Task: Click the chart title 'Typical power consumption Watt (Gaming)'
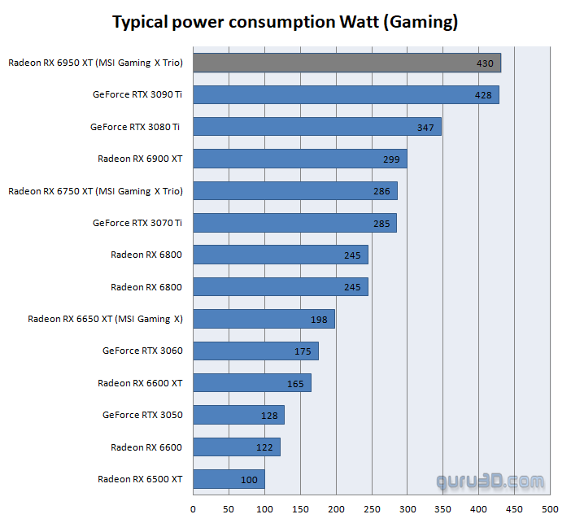pos(285,22)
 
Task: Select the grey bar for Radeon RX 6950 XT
pos(347,63)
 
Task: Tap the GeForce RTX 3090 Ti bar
pos(346,95)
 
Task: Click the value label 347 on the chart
pos(425,127)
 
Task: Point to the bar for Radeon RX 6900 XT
pos(299,159)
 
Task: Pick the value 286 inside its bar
pos(381,191)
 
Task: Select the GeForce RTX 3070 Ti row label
pos(137,223)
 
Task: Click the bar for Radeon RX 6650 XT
pos(264,319)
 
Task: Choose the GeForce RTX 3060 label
pos(142,351)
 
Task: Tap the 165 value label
pos(294,383)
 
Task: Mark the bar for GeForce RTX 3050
pos(238,415)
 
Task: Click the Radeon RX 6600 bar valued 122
pos(236,447)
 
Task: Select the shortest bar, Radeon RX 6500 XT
pos(229,479)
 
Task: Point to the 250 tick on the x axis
pos(372,509)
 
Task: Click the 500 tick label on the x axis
pos(550,509)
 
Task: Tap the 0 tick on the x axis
pos(193,509)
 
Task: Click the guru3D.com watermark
pos(490,482)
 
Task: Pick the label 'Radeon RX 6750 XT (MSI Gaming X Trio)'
pos(95,191)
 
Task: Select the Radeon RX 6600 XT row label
pos(140,383)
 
